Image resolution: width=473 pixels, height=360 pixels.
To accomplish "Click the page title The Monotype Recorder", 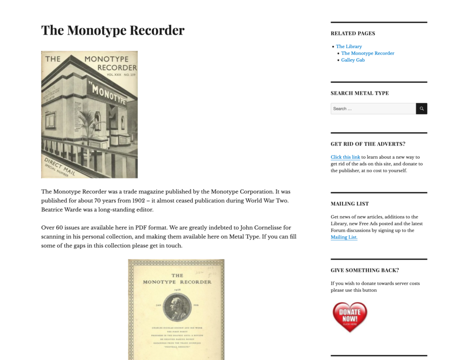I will click(113, 30).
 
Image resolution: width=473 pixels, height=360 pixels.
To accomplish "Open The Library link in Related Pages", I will click(349, 47).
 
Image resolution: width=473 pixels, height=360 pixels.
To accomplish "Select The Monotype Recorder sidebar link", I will click(368, 54).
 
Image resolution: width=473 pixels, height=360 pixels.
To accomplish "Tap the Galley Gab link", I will click(353, 60).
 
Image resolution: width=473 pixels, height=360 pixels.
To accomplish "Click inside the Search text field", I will click(373, 109).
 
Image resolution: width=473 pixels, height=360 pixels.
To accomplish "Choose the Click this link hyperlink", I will click(345, 157).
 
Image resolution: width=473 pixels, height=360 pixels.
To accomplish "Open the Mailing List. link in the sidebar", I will click(344, 237).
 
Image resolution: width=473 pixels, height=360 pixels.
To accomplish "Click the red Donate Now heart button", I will click(350, 317).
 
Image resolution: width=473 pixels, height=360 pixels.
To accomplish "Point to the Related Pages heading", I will click(353, 33).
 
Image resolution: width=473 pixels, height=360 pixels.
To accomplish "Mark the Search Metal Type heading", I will click(359, 93).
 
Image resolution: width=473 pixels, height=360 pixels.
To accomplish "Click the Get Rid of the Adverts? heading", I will click(368, 144).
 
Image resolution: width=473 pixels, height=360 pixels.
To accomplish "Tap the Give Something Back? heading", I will click(364, 270).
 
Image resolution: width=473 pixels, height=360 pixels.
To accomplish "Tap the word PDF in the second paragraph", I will click(141, 228).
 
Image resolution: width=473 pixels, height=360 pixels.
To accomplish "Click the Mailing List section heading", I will click(349, 204).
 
